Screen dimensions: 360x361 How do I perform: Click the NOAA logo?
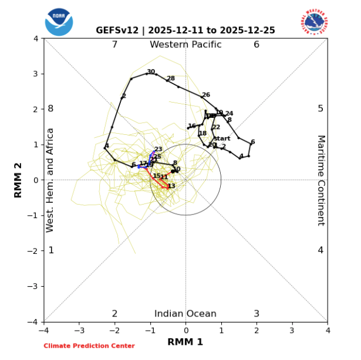59,21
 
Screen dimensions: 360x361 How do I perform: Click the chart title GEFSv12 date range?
185,30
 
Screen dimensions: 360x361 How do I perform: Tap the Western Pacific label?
185,45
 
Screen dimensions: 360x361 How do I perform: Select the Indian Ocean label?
185,314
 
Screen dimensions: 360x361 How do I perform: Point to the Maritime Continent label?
320,180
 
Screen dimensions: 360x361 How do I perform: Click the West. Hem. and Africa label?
50,180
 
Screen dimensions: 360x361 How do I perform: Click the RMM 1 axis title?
185,342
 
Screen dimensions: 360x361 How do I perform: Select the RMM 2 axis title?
18,180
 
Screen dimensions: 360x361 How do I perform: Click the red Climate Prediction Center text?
89,346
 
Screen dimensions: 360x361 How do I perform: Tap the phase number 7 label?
114,45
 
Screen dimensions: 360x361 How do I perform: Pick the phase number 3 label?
257,314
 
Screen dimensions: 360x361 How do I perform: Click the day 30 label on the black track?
151,72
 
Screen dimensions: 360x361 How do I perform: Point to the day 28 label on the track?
171,79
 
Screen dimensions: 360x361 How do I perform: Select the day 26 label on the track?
205,94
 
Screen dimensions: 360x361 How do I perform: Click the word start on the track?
222,138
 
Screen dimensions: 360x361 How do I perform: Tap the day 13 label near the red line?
171,186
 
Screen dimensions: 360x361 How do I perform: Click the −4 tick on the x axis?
43,329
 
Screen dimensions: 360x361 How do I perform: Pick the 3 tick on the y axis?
36,74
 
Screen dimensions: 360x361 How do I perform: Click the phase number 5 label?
320,108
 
